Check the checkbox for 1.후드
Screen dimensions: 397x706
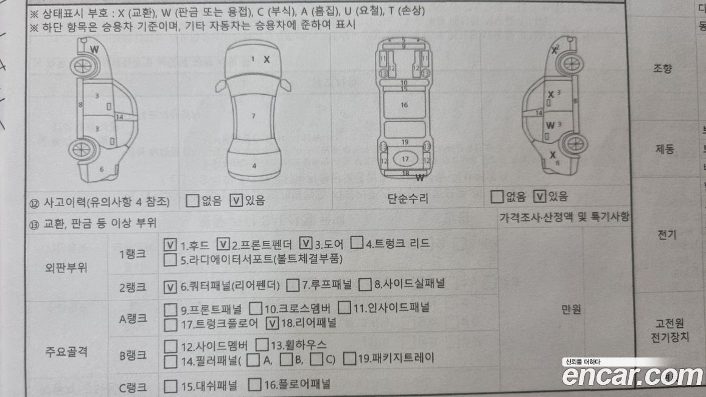click(170, 245)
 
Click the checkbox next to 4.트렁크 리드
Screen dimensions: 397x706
click(357, 244)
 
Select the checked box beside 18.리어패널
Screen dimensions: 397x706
click(273, 323)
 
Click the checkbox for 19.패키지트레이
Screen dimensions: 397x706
click(349, 359)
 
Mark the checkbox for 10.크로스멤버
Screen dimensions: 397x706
click(256, 308)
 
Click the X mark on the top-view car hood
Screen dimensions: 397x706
click(267, 60)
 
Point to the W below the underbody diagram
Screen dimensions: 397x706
click(419, 178)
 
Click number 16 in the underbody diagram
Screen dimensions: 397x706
click(404, 105)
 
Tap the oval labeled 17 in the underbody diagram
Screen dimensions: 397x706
click(405, 159)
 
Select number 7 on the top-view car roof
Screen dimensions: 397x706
click(253, 116)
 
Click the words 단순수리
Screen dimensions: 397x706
click(408, 198)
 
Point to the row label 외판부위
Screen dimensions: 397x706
click(66, 268)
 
